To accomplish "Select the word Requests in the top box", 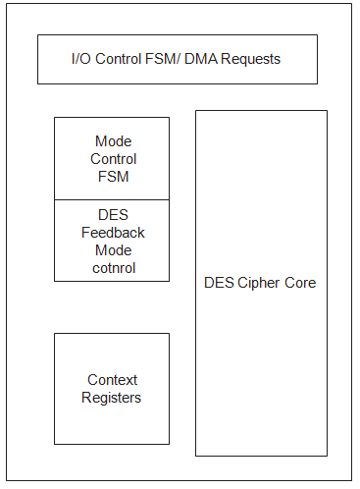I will pos(252,60).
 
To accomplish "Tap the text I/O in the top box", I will pos(81,60).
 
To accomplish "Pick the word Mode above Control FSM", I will pos(113,141).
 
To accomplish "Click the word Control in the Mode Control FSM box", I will pos(113,159).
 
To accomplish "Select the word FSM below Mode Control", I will pos(113,177).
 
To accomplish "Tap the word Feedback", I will pos(113,233).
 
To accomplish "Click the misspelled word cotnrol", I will pos(113,268).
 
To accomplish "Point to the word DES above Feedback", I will pos(113,215).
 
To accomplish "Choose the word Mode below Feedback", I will pos(113,250).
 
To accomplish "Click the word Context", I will pos(113,380).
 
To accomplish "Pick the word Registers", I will pos(113,398).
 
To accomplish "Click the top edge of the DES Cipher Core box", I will pos(261,111).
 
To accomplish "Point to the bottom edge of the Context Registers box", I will pos(112,444).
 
